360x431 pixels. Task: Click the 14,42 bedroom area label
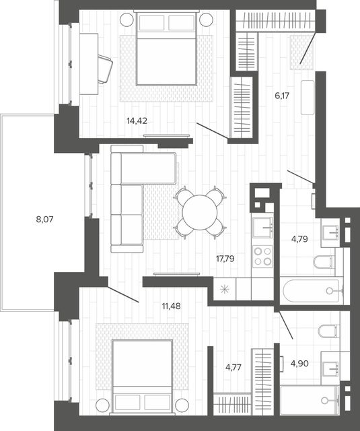(x=137, y=121)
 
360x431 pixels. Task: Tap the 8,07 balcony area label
(x=44, y=220)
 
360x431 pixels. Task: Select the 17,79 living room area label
(x=225, y=259)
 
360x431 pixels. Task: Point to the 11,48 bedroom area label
(x=172, y=306)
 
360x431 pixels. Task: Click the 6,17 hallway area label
(x=282, y=96)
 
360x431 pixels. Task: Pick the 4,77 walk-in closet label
(x=233, y=367)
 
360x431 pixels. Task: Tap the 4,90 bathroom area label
(x=299, y=364)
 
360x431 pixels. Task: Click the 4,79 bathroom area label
(x=299, y=239)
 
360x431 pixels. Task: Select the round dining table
(x=200, y=213)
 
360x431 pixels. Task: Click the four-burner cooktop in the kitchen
(x=263, y=257)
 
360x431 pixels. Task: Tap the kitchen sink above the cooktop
(x=263, y=227)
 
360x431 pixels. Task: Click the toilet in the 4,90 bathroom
(x=328, y=331)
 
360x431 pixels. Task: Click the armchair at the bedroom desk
(x=104, y=69)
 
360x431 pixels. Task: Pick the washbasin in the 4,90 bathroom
(x=330, y=369)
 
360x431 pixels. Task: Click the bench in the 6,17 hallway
(x=308, y=97)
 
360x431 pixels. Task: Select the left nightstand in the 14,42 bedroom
(x=127, y=20)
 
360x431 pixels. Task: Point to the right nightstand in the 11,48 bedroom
(x=182, y=405)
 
